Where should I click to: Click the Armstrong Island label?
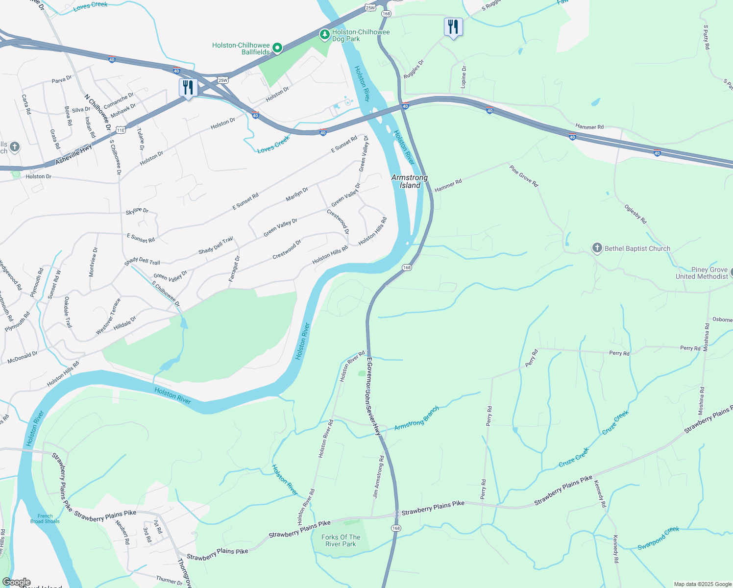[x=410, y=181]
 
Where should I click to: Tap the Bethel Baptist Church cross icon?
[x=597, y=248]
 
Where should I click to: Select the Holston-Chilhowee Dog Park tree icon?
[x=324, y=34]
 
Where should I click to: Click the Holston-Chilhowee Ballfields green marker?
[x=277, y=48]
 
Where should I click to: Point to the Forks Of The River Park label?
[x=341, y=540]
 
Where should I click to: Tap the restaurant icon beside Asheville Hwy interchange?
[x=188, y=88]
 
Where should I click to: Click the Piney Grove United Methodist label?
[x=702, y=273]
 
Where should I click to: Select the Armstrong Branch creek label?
[x=416, y=418]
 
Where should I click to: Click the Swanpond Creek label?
[x=659, y=538]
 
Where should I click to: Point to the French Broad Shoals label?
[x=45, y=518]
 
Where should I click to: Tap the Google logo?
[x=16, y=582]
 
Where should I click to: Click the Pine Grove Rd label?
[x=524, y=176]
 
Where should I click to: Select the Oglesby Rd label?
[x=635, y=214]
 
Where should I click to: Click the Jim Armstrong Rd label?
[x=378, y=477]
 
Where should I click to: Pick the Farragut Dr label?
[x=234, y=269]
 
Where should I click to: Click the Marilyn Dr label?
[x=297, y=195]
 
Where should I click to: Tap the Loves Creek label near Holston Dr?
[x=273, y=144]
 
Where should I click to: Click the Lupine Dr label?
[x=464, y=77]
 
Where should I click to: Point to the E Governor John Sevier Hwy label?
[x=373, y=396]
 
